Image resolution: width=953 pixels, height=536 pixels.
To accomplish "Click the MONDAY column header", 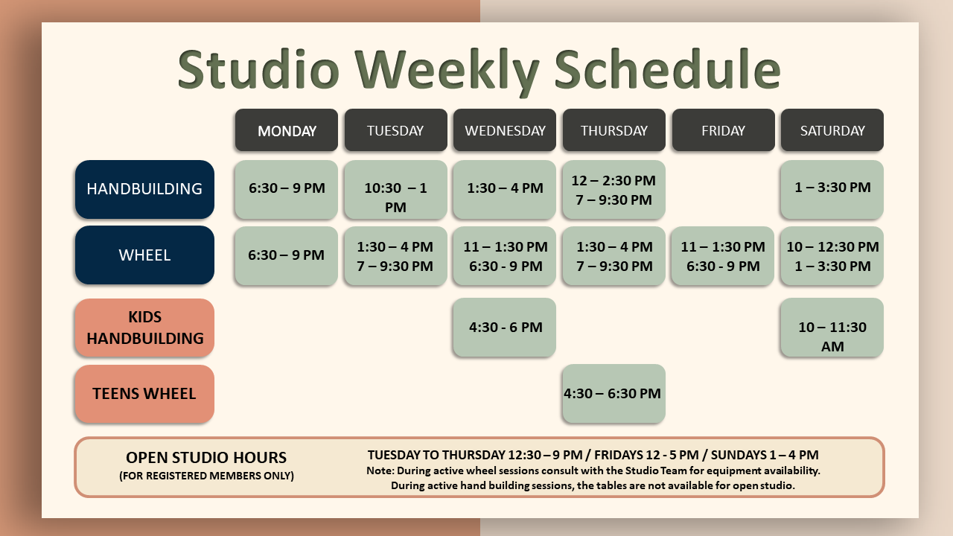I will [287, 131].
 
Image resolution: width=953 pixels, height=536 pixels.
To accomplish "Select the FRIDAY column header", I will [723, 131].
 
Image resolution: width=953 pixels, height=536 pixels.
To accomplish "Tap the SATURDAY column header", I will [832, 131].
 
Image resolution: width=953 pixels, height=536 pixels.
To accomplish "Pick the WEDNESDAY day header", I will [505, 131].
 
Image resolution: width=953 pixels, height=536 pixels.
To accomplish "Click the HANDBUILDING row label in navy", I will [144, 189].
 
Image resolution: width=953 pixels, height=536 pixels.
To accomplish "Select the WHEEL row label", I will [144, 255].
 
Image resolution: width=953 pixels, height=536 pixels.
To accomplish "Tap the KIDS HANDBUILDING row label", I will [144, 328].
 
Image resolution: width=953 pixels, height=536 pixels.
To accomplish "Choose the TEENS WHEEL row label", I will [144, 394].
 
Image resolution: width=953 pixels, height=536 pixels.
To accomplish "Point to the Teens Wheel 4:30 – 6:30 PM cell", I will [613, 394].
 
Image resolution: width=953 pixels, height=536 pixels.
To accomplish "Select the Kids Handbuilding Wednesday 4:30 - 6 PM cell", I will [505, 328].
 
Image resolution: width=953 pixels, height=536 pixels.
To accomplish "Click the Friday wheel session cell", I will [723, 256].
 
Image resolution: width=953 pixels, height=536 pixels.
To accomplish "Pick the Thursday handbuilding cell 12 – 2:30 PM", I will [613, 190].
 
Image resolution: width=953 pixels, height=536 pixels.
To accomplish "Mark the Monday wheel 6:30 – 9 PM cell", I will [287, 255].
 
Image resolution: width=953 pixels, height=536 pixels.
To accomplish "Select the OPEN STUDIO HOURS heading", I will [206, 458].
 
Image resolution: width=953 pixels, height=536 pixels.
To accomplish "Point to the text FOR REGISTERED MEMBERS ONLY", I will [206, 476].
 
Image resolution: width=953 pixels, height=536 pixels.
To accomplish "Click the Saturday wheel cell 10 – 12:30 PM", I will [832, 256].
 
